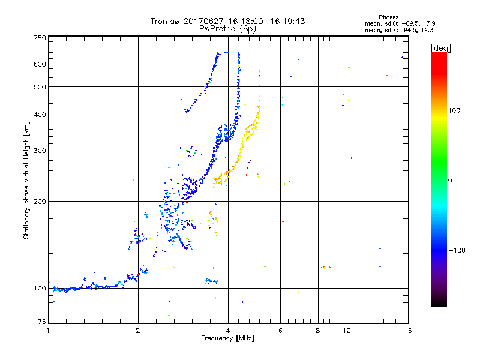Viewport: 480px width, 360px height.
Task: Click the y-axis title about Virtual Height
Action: tap(26, 180)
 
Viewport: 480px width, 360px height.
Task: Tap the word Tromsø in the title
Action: tap(165, 21)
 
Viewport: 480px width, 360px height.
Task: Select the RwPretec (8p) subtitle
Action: tap(228, 28)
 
